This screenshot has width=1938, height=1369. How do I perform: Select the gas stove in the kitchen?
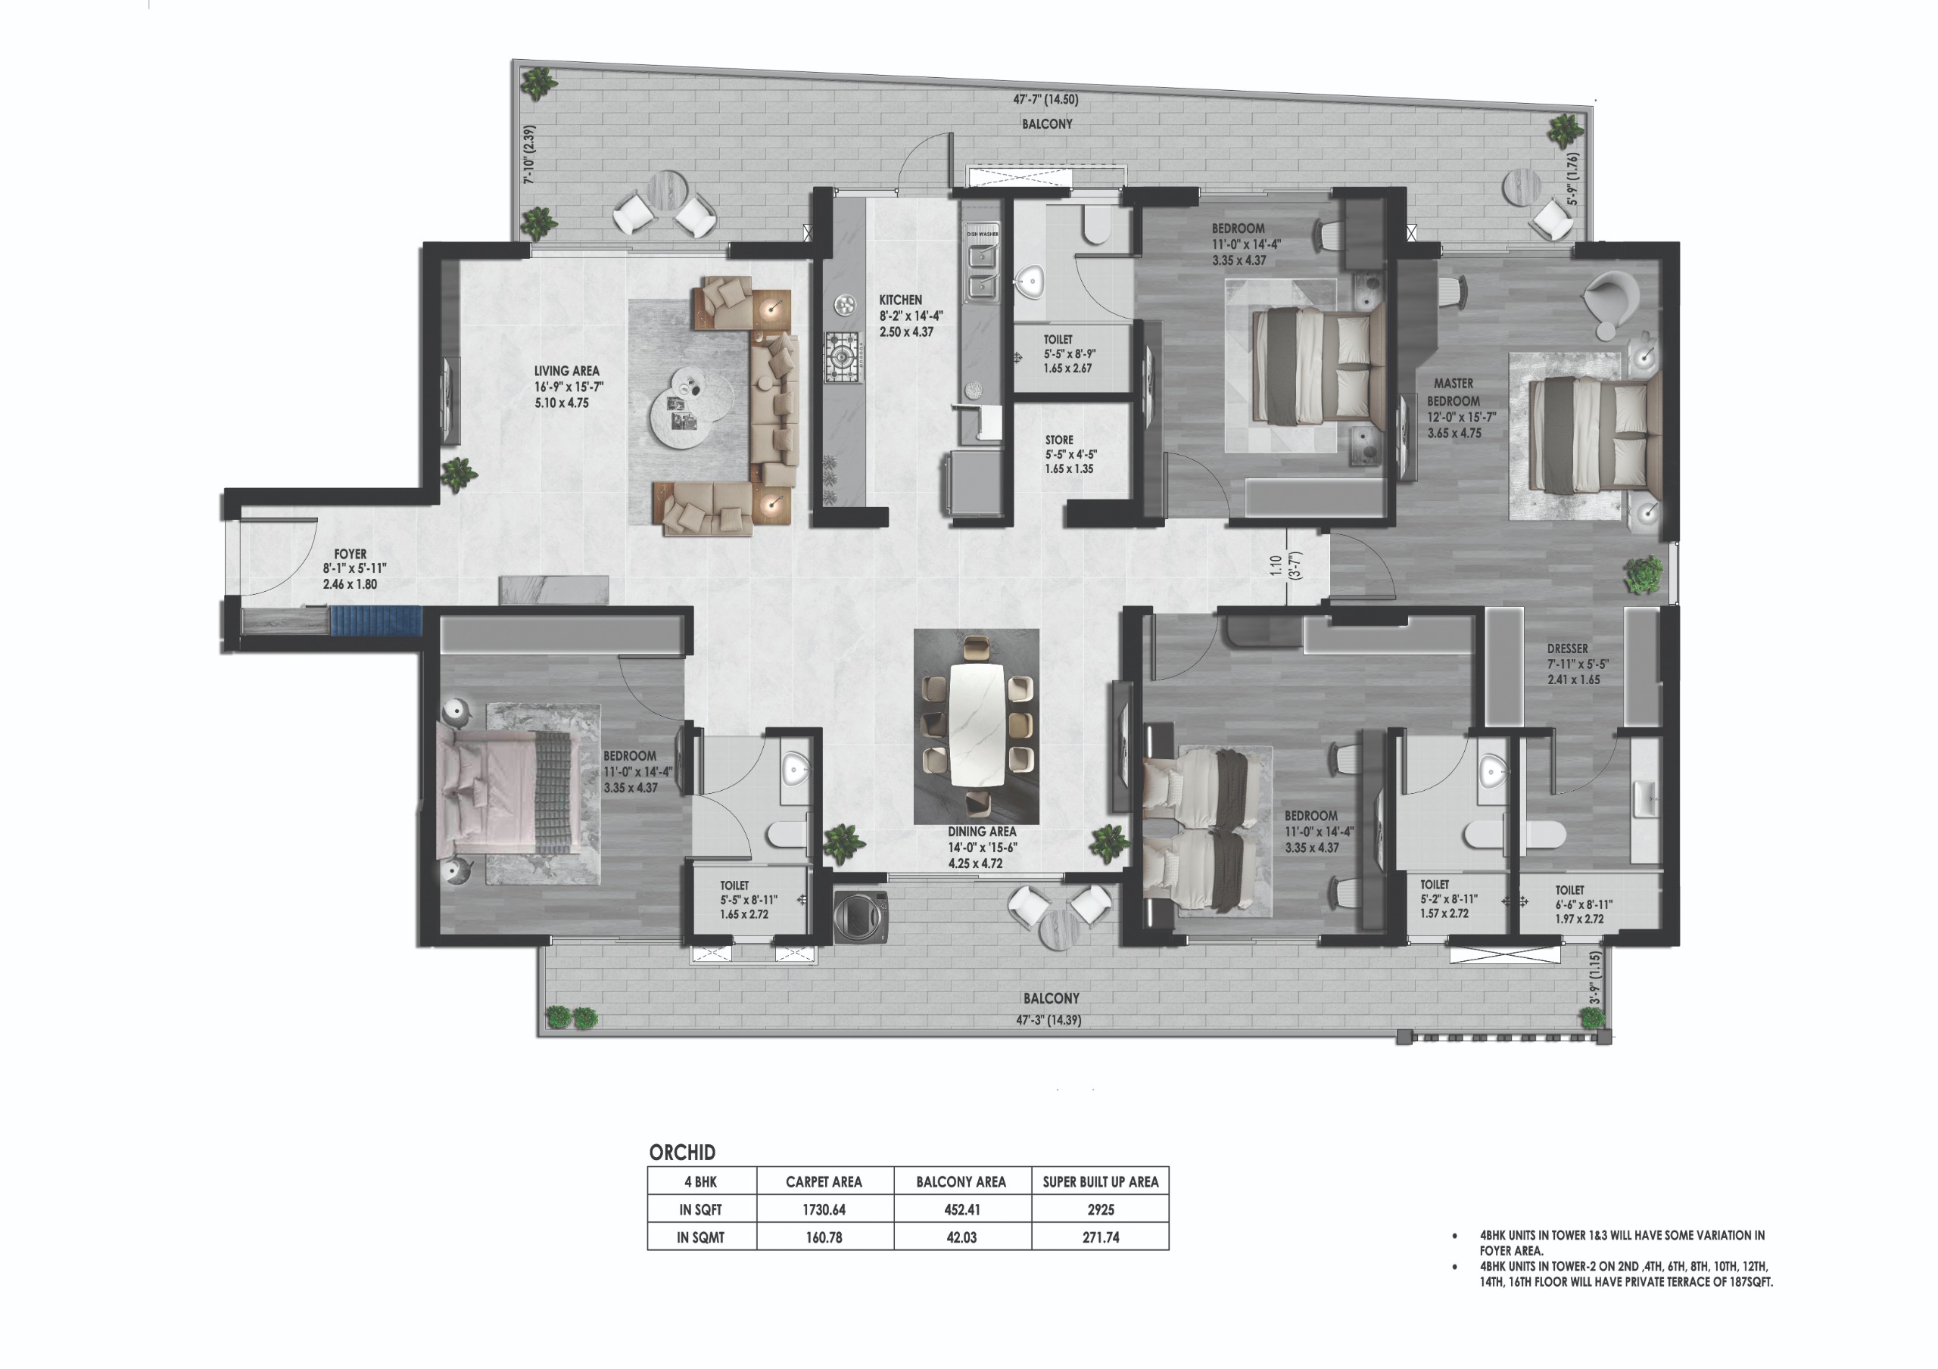click(843, 357)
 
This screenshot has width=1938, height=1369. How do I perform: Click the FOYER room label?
click(350, 555)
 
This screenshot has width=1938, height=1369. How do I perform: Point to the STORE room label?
click(1059, 440)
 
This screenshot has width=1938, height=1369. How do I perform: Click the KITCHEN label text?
click(901, 300)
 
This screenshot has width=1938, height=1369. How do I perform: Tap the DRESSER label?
click(1568, 649)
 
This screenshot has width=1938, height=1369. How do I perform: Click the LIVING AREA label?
click(566, 371)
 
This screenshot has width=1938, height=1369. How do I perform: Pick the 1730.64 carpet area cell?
click(824, 1209)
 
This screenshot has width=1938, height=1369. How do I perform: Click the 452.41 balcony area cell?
click(962, 1209)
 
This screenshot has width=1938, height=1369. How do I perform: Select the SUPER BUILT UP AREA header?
click(1101, 1181)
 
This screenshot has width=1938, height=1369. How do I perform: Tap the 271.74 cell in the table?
click(1101, 1237)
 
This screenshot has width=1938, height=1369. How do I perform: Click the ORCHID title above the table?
click(682, 1152)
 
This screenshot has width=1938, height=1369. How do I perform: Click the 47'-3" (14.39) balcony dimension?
click(1049, 1019)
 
